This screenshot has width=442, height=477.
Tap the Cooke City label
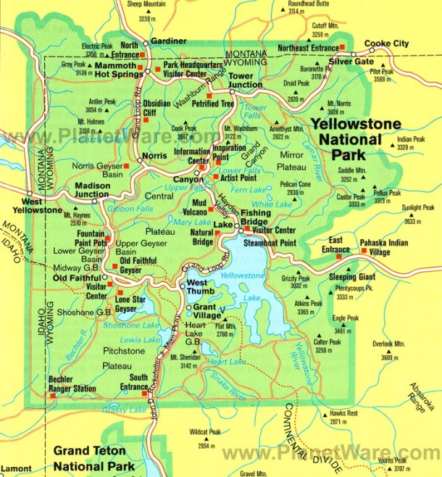[x=386, y=43]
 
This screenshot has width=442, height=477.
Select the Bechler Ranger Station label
[x=72, y=383]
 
